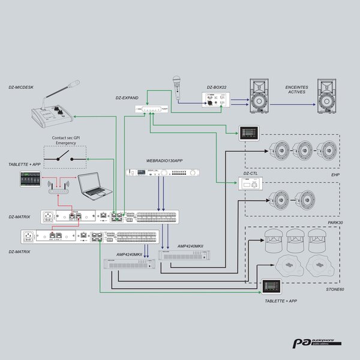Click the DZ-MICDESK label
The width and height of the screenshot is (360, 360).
pyautogui.click(x=22, y=87)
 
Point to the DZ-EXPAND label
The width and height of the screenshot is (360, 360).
pyautogui.click(x=127, y=97)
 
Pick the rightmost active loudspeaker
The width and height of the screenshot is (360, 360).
pyautogui.click(x=331, y=95)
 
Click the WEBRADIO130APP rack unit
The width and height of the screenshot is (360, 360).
pyautogui.click(x=163, y=173)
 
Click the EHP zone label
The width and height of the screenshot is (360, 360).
pyautogui.click(x=335, y=175)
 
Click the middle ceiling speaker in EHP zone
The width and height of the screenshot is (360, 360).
pyautogui.click(x=304, y=150)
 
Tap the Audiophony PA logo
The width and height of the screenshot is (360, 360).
pyautogui.click(x=317, y=344)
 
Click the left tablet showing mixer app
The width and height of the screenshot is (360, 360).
pyautogui.click(x=29, y=179)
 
